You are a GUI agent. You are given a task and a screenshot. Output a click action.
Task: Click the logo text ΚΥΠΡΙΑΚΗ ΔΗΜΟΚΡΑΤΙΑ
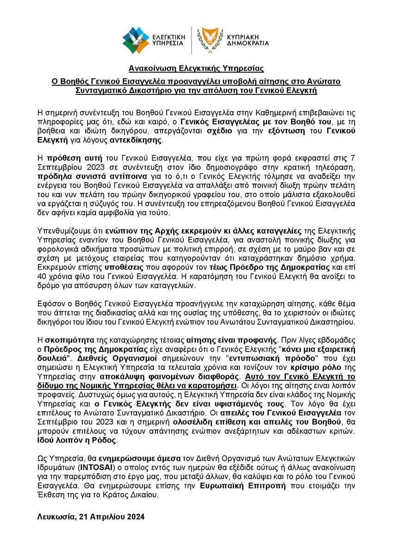click(245, 39)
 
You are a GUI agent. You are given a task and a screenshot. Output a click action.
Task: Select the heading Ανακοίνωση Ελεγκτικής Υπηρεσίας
click(196, 69)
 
